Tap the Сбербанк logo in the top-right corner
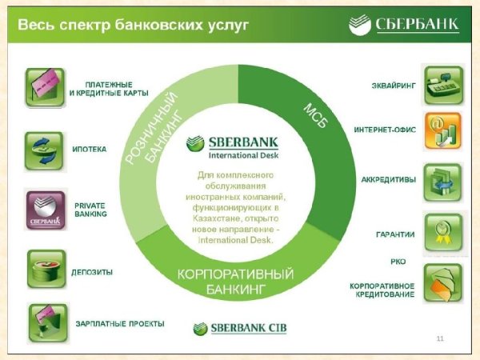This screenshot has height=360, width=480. coord(404,26)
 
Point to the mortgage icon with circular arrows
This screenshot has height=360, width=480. coord(45,149)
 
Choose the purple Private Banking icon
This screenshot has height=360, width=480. coord(45,210)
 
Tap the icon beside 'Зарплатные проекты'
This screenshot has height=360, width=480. coord(45,322)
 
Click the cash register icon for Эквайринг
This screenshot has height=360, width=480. coord(442,86)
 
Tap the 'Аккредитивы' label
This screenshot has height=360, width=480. coord(388,179)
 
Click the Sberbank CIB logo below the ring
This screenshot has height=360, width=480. coord(238,327)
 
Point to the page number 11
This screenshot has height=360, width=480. coord(440,339)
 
